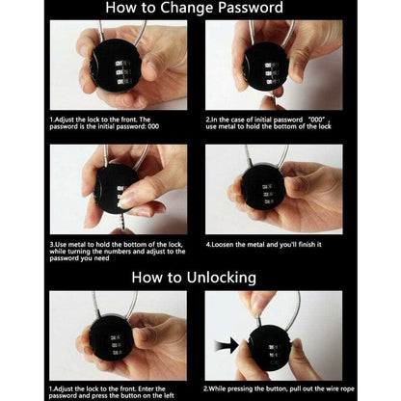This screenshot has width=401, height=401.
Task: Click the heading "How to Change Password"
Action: point(195,8)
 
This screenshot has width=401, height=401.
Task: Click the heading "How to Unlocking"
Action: point(194,278)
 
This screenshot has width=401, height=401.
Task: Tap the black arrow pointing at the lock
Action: point(227,346)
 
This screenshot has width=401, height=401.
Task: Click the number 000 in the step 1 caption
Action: point(153,126)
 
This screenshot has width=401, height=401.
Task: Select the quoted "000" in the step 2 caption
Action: point(315,120)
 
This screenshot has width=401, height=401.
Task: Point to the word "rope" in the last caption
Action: point(347,389)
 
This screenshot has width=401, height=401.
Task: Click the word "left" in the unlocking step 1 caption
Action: point(168,396)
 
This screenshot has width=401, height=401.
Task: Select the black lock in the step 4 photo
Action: point(262,192)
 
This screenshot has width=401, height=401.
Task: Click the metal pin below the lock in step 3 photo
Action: point(120,221)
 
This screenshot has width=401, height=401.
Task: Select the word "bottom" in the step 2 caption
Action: point(285,126)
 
